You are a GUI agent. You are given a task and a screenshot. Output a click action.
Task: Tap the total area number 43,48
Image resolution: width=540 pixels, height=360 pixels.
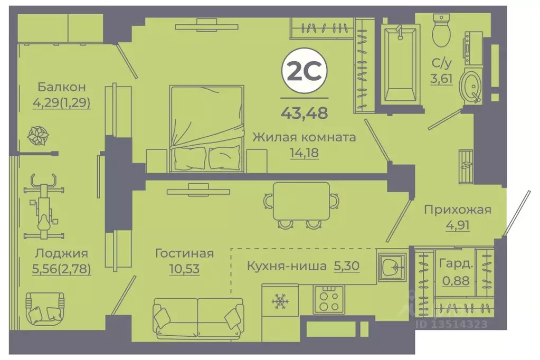304,112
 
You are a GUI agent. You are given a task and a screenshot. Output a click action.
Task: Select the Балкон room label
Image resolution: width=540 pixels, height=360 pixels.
62,87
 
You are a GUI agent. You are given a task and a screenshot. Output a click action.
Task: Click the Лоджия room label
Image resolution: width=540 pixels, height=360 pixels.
62,253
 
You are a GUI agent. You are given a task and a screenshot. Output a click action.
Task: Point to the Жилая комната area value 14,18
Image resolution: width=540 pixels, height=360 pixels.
304,154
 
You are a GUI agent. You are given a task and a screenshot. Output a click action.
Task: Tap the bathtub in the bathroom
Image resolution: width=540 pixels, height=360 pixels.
399,64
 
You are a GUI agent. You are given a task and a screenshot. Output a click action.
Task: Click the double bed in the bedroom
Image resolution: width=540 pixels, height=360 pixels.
207,129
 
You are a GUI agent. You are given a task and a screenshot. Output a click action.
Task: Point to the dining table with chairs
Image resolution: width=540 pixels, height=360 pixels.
301,205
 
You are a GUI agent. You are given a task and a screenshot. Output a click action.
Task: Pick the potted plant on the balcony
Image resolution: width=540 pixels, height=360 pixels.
39,135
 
